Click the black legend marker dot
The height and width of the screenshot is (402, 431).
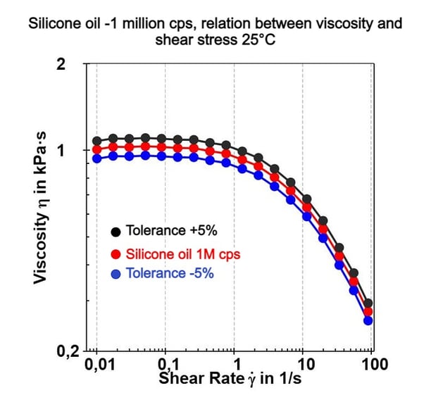pos(116,231)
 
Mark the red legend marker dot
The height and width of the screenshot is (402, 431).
pos(116,254)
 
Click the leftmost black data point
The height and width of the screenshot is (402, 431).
pos(97,141)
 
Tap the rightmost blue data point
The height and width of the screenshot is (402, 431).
pos(368,321)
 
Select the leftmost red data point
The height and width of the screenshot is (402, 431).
pos(97,149)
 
